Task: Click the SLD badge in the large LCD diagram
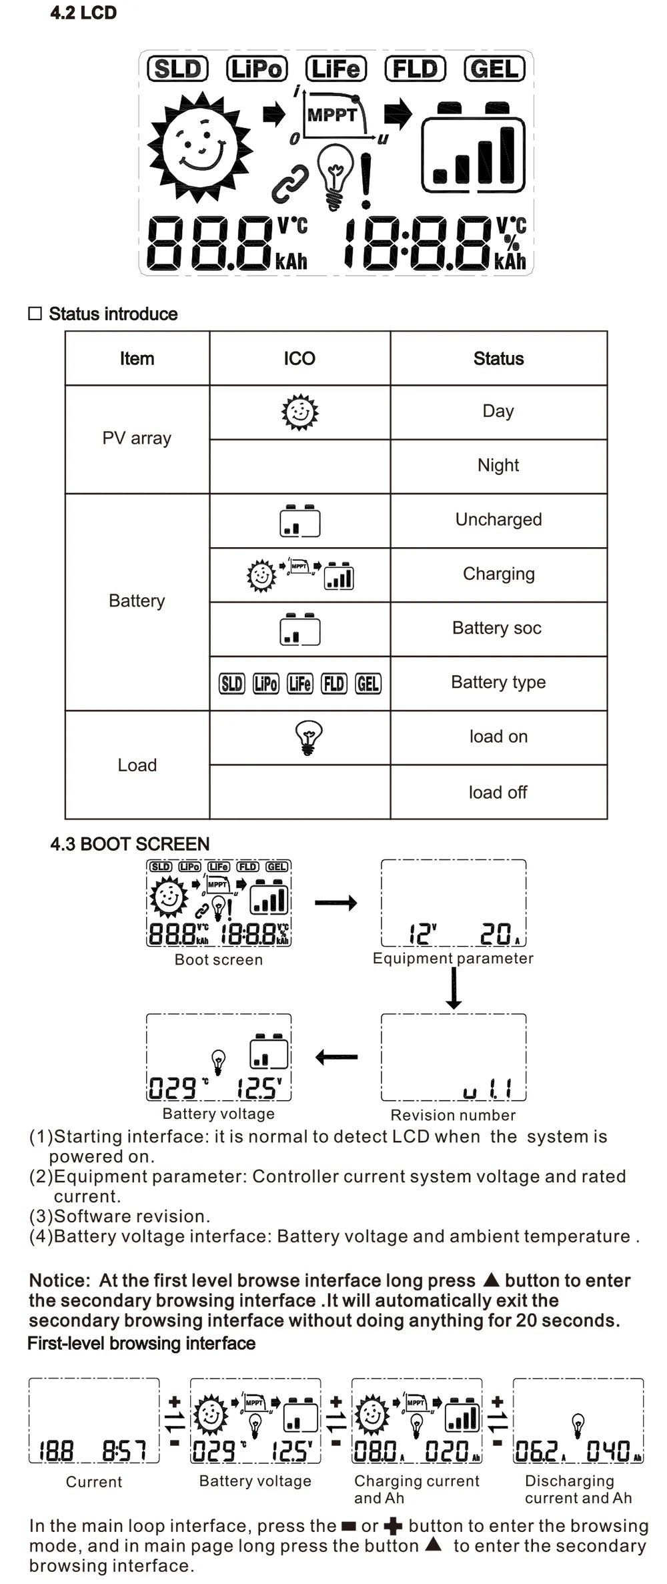point(177,69)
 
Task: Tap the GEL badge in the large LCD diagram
point(494,69)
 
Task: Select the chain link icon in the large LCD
point(291,183)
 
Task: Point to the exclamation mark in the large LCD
point(366,180)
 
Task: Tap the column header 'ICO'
point(299,358)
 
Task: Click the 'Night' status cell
point(498,465)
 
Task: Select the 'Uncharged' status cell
point(498,519)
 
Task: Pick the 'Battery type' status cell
point(498,682)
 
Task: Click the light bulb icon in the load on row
point(308,737)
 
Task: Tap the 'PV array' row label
point(137,438)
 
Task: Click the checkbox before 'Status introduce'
point(35,314)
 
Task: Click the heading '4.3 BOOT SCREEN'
point(129,843)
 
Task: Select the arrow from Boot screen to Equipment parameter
point(336,903)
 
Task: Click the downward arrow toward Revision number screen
point(454,988)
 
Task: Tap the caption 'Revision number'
point(453,1115)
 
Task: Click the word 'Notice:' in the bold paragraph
point(59,1280)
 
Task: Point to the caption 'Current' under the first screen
point(93,1482)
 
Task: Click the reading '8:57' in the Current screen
point(123,1451)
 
